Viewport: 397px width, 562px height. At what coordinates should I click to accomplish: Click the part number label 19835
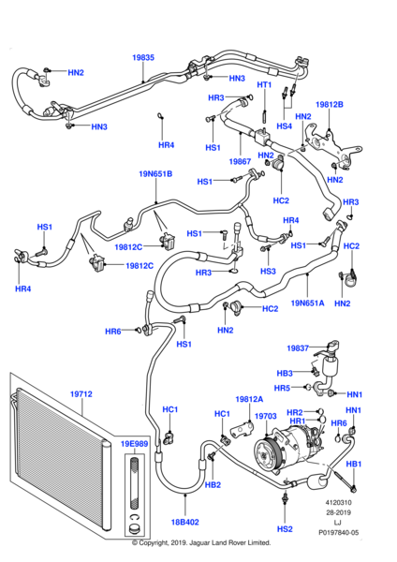click(x=142, y=57)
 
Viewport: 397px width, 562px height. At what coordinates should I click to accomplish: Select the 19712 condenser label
click(x=81, y=394)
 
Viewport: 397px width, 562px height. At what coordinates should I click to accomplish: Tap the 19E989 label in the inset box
click(x=134, y=443)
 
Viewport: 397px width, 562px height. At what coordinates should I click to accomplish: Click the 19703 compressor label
click(x=266, y=416)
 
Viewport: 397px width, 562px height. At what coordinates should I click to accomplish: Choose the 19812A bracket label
click(x=249, y=398)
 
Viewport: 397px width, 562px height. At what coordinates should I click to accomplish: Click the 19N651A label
click(x=307, y=303)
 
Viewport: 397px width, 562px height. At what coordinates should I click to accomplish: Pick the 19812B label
click(x=330, y=104)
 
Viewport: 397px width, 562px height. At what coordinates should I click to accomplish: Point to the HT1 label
click(x=264, y=85)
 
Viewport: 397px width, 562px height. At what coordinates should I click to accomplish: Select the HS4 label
click(x=285, y=126)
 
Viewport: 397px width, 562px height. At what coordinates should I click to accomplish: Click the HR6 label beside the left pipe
click(x=112, y=332)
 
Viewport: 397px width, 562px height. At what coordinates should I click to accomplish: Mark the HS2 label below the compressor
click(x=285, y=529)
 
